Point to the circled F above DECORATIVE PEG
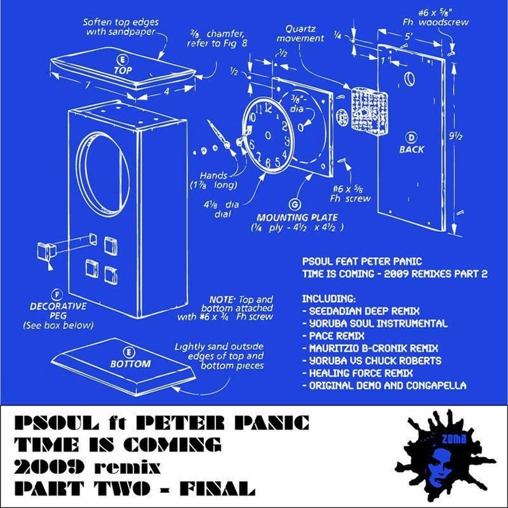point(54,294)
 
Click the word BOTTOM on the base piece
point(131,364)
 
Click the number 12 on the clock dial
point(267,108)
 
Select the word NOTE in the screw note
point(220,300)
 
